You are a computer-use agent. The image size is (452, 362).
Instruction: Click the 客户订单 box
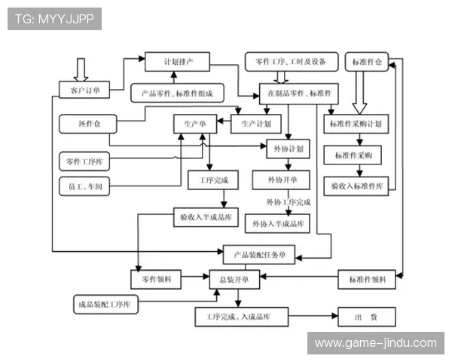click(x=84, y=91)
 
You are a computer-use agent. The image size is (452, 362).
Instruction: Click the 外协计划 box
click(x=287, y=149)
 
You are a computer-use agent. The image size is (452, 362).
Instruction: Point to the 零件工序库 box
click(x=84, y=160)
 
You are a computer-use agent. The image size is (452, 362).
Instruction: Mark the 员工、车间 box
click(x=84, y=186)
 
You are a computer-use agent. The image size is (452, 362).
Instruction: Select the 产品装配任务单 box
click(x=259, y=254)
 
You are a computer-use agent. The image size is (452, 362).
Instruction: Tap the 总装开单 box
click(x=234, y=279)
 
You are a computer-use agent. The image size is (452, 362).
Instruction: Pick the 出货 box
click(x=368, y=317)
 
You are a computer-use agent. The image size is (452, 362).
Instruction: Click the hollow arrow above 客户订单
click(x=81, y=69)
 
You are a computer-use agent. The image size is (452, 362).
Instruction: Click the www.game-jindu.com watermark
click(x=374, y=343)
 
